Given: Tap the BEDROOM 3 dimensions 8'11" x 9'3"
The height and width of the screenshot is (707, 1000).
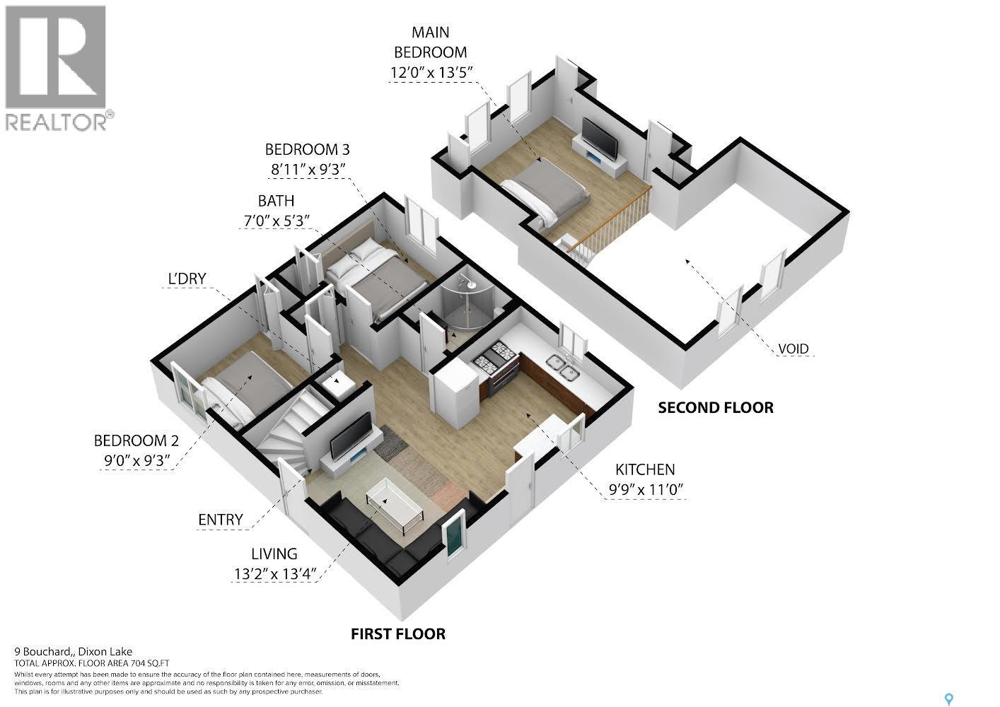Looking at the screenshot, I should point(307,170).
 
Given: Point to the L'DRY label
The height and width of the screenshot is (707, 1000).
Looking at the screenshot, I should point(187,279).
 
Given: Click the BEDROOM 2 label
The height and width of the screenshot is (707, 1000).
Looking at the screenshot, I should point(136,441).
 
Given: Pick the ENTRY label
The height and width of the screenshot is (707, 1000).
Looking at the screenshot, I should point(220,520).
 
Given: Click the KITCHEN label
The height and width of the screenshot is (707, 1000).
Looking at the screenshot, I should point(644,469).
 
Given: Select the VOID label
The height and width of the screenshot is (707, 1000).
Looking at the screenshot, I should point(793,349).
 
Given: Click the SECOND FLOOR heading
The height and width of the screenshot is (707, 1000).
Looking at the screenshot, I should point(715,407).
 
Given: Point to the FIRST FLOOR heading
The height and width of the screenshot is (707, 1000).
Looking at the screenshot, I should point(398,633).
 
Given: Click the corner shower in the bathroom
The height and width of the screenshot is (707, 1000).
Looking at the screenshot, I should point(465,300).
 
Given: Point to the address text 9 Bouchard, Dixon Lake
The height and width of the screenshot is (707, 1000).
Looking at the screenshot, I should point(74,652).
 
